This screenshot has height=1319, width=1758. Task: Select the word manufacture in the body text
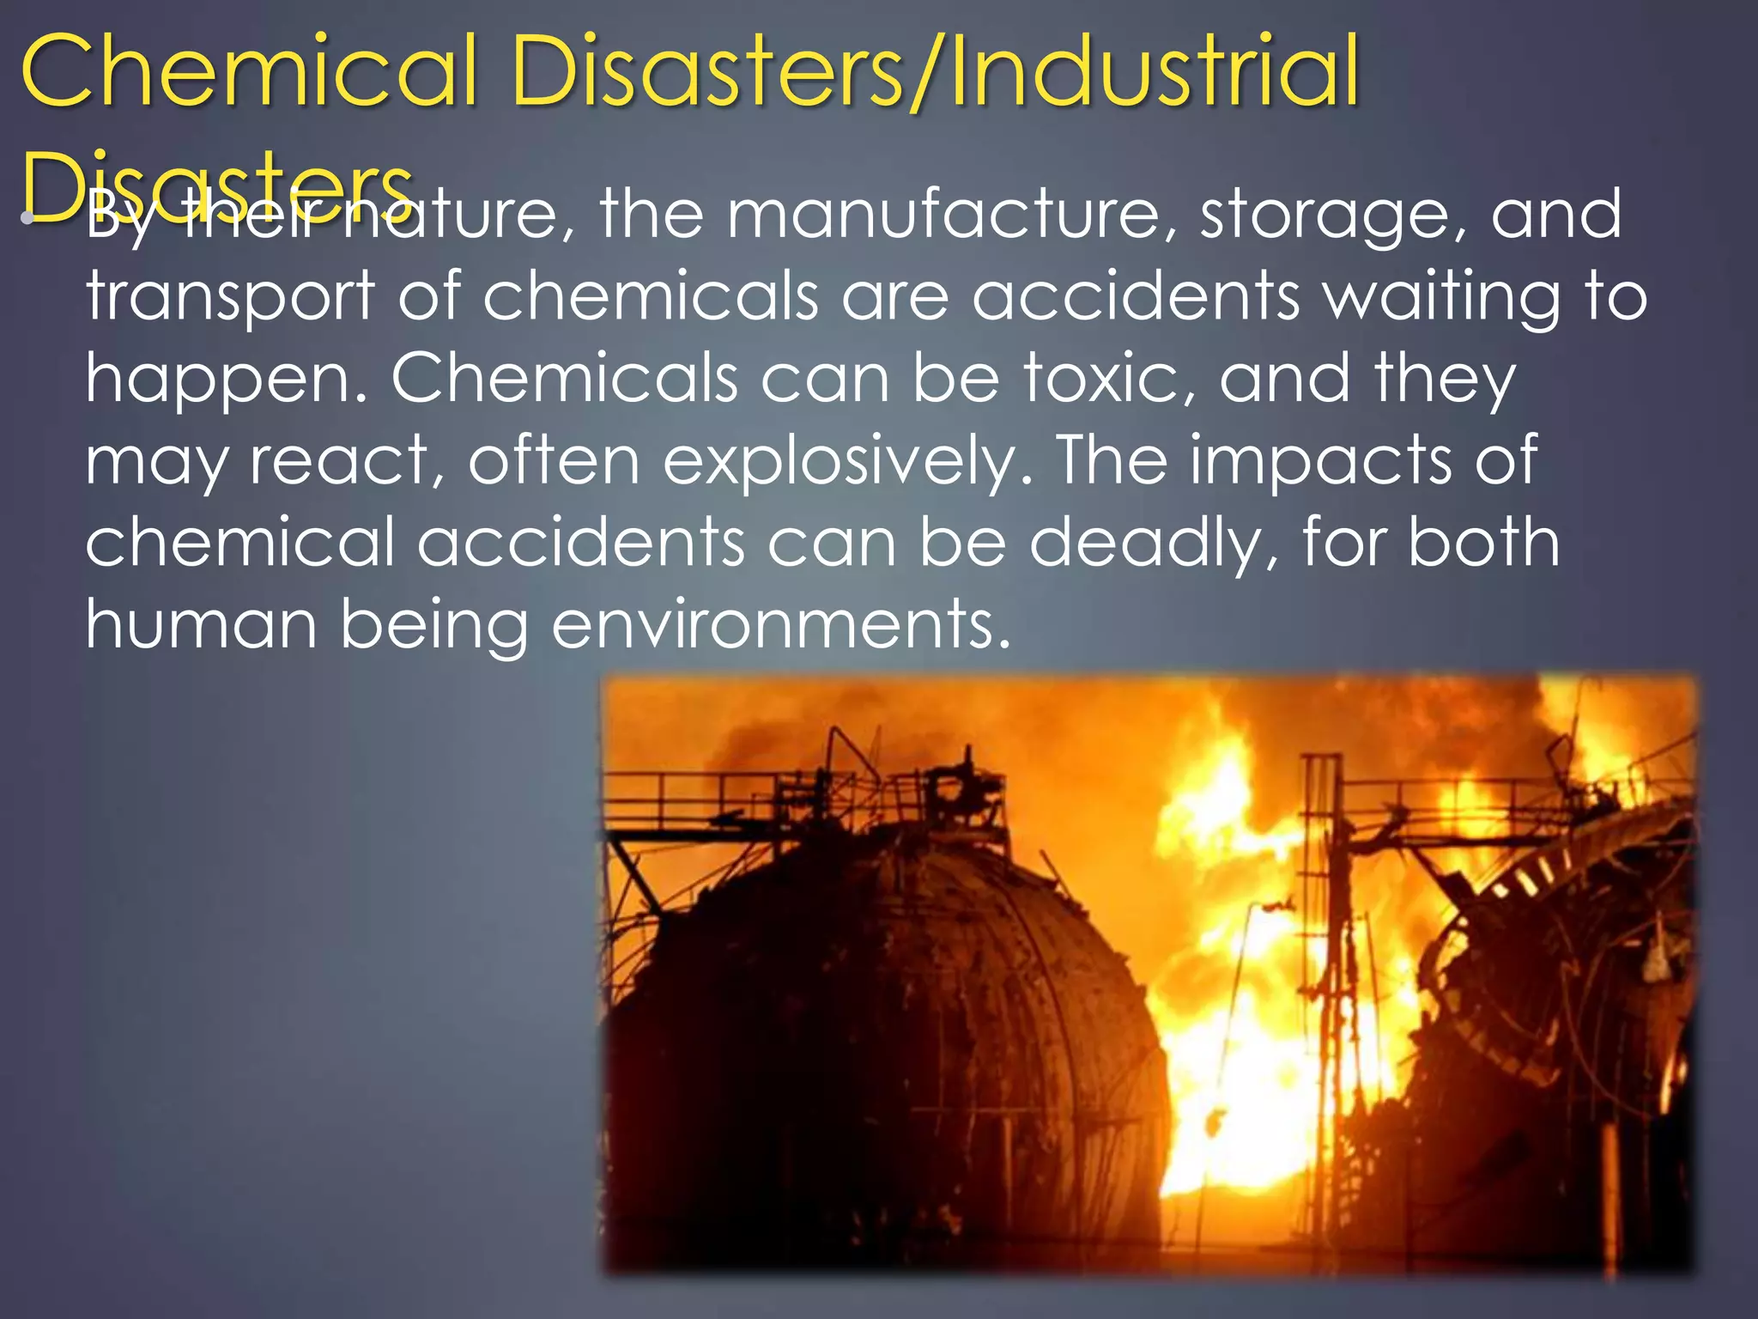(944, 215)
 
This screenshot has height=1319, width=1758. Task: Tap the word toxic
(1108, 379)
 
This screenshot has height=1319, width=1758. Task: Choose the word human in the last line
(201, 625)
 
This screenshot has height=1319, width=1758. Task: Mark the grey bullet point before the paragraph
(28, 216)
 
